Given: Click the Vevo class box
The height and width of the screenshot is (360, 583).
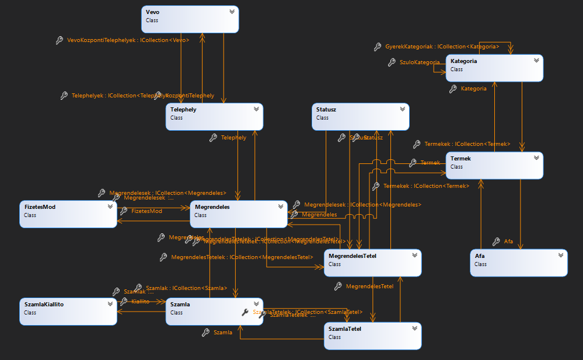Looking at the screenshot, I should [190, 19].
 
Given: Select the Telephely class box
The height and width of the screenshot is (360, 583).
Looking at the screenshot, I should [214, 117].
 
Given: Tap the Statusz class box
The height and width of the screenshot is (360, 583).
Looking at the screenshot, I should [360, 117].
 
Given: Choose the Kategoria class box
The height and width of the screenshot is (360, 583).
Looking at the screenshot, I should [494, 68].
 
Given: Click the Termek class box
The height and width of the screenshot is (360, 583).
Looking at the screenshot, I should [494, 166].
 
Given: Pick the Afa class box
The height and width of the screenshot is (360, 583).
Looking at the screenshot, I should [518, 263].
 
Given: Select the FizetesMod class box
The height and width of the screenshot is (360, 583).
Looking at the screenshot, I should [68, 214].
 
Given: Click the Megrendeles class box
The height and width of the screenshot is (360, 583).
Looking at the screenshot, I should [238, 214].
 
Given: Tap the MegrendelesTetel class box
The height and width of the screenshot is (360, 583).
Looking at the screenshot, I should [372, 263].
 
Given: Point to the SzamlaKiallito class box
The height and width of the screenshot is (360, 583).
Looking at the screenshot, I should [68, 312].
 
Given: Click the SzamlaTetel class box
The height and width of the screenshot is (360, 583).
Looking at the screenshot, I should [372, 336].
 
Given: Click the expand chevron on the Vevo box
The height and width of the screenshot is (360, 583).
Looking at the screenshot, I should [232, 11].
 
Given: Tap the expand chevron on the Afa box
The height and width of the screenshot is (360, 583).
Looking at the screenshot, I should [560, 255].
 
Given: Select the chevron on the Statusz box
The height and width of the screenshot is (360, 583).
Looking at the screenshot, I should [402, 109].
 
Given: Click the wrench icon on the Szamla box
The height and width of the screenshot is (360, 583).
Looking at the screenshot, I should [245, 312].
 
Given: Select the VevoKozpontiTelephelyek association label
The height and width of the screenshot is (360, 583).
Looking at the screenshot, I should [128, 40].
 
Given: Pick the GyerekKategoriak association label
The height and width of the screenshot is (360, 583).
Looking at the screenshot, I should [442, 46].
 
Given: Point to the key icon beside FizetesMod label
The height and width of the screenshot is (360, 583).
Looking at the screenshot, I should [123, 211].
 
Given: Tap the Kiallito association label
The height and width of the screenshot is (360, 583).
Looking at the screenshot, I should [140, 301].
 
